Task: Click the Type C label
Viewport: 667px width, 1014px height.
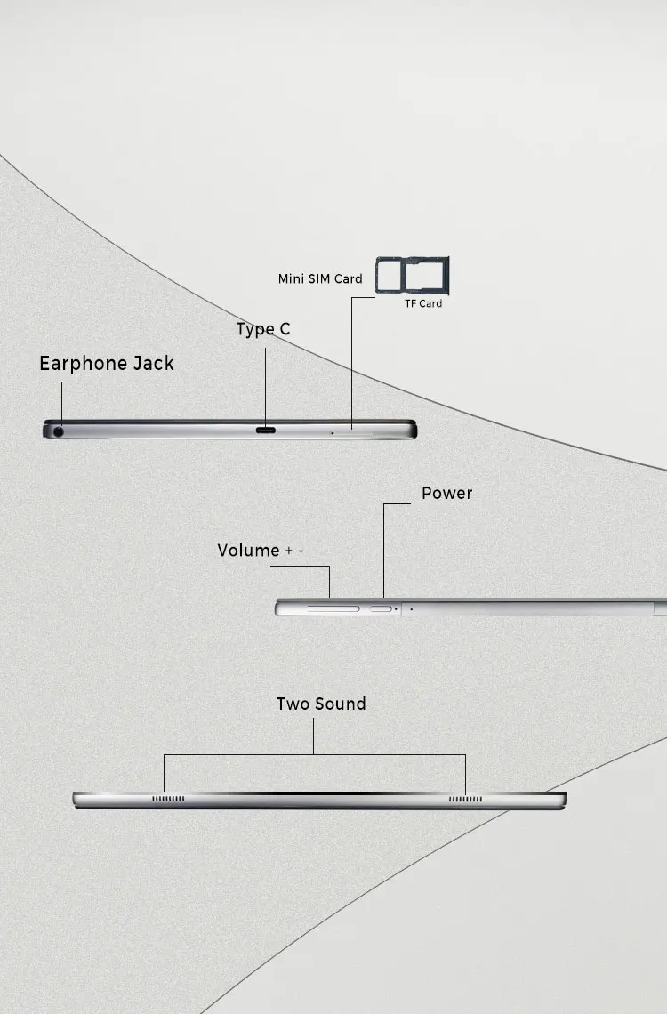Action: click(x=263, y=330)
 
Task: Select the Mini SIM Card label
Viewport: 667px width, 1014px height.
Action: click(x=320, y=279)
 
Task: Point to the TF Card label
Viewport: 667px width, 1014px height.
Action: click(x=423, y=303)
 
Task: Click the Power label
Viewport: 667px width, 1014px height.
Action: click(x=446, y=494)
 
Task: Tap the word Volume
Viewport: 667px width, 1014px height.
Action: click(x=249, y=551)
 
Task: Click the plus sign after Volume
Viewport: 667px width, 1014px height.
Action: click(x=289, y=551)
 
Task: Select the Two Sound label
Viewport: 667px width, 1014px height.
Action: click(x=321, y=704)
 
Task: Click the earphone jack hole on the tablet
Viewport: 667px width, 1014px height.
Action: click(x=60, y=431)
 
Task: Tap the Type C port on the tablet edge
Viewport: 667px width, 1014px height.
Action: click(x=266, y=431)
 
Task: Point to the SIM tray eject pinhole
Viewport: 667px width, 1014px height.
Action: click(x=333, y=432)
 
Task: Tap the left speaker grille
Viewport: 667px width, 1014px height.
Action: click(x=168, y=799)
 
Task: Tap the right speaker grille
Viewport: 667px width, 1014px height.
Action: click(x=465, y=799)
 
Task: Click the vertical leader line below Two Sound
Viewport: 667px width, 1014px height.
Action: click(x=313, y=737)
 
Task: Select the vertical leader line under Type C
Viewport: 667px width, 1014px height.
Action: click(x=264, y=382)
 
